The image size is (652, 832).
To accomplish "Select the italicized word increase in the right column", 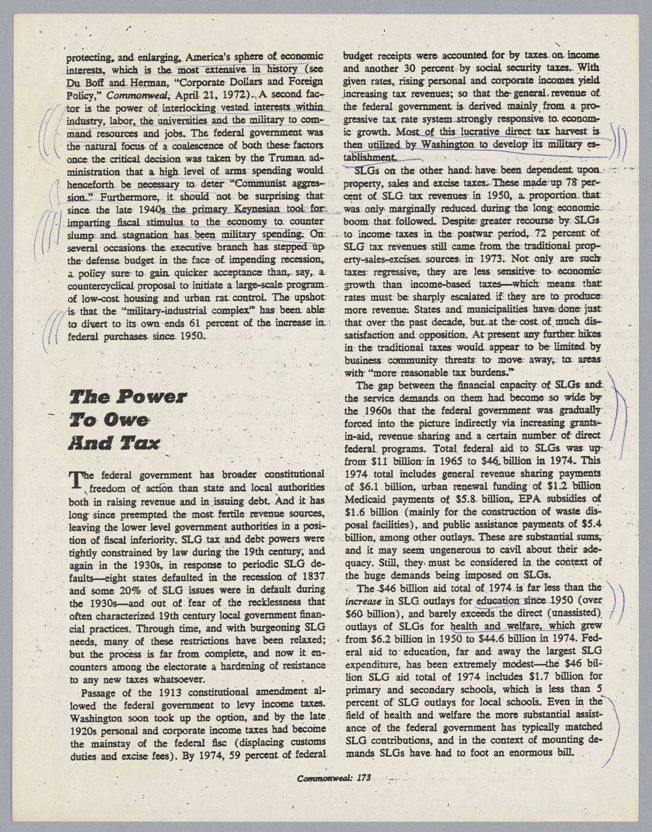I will [x=361, y=600].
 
